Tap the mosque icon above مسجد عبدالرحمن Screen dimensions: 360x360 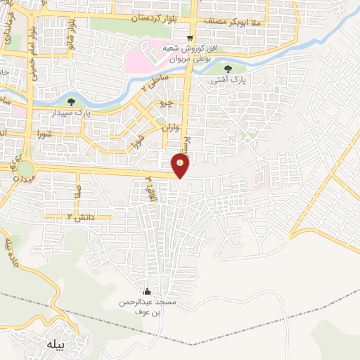pos(147,292)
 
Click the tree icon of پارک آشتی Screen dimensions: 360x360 pos(229,69)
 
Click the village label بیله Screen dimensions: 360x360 pos(56,345)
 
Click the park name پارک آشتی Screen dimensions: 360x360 pos(229,81)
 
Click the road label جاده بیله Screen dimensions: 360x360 pos(12,255)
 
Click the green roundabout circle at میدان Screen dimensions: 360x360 pos(26,169)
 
